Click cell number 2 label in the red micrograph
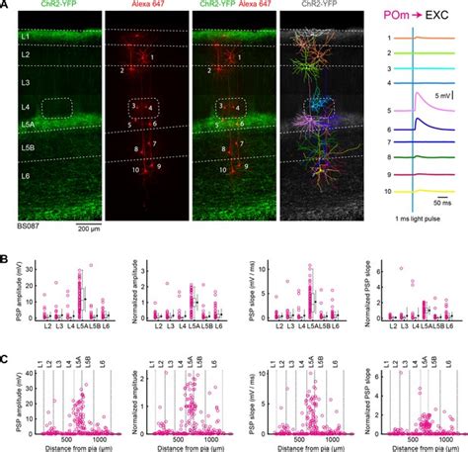pyautogui.click(x=122, y=71)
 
